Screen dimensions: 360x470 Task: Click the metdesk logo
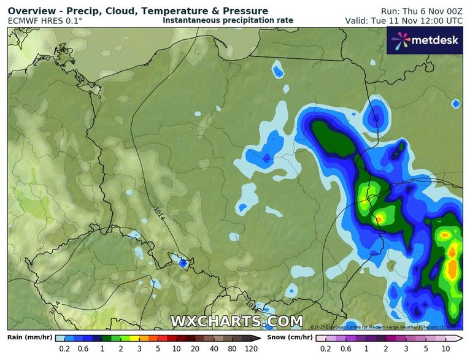point(425,40)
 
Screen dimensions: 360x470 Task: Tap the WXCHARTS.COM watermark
point(236,321)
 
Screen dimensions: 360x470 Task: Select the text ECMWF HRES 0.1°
point(45,21)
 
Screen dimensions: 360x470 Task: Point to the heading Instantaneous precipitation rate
point(228,20)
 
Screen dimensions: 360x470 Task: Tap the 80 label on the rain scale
point(233,350)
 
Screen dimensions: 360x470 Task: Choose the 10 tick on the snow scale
point(445,350)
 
